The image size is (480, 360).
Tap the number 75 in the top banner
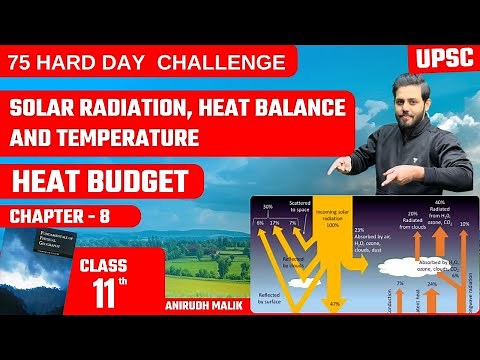click(x=24, y=62)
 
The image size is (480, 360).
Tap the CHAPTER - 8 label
click(x=61, y=215)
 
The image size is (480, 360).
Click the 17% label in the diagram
click(x=276, y=222)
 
